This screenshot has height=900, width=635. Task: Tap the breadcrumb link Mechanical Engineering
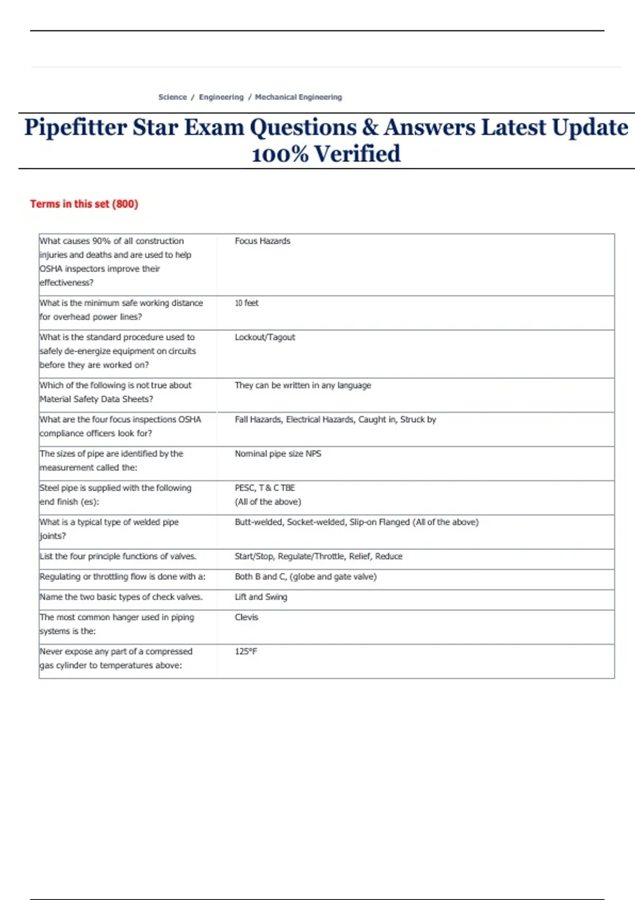(x=298, y=97)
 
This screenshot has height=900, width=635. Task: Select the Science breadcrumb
(x=173, y=97)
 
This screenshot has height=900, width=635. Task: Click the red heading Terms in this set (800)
(x=84, y=204)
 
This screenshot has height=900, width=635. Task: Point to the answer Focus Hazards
(x=262, y=241)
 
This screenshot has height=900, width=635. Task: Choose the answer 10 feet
(x=247, y=303)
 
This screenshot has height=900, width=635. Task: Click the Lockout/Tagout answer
(x=265, y=337)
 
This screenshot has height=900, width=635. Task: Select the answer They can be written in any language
(x=303, y=385)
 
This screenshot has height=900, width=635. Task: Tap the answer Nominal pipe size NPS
(x=278, y=454)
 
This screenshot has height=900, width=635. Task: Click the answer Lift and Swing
(x=261, y=597)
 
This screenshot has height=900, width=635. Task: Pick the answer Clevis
(x=247, y=617)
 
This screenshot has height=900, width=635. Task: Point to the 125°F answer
(x=246, y=651)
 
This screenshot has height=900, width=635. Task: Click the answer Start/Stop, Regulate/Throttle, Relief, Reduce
(x=319, y=556)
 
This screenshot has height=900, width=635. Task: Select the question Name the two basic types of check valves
(x=121, y=597)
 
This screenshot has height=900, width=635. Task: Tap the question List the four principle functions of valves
(x=118, y=556)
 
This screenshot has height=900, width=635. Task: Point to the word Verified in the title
(x=357, y=155)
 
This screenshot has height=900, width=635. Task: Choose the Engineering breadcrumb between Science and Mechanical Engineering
(x=221, y=97)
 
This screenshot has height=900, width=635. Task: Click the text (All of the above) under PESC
(x=268, y=502)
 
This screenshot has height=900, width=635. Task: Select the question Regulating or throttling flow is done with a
(x=122, y=577)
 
